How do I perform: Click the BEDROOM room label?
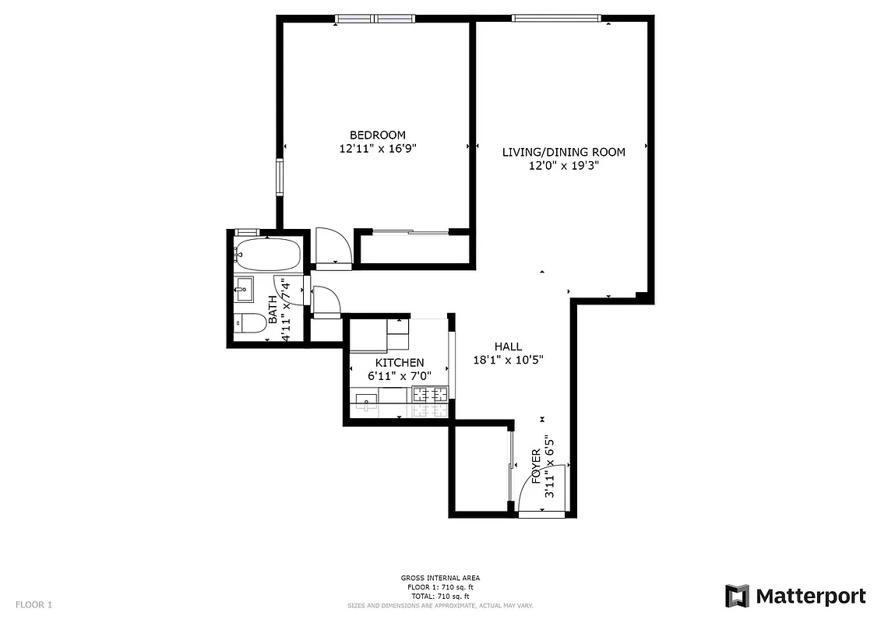coord(377,135)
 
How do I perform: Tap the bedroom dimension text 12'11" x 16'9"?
coord(377,149)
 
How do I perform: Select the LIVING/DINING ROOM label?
coord(563,152)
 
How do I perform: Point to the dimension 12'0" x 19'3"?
coord(563,165)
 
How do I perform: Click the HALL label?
coord(508,347)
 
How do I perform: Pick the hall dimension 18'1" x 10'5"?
coord(508,360)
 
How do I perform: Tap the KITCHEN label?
coord(400,362)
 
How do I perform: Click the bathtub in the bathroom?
coord(267,252)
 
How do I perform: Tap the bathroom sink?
coord(243,289)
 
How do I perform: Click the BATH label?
coord(273,310)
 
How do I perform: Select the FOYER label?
coord(536,466)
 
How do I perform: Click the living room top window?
coord(556,18)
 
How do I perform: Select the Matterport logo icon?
coord(737,597)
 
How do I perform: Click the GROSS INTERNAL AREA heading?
coord(440,578)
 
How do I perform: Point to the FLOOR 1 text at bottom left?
coord(34,604)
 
